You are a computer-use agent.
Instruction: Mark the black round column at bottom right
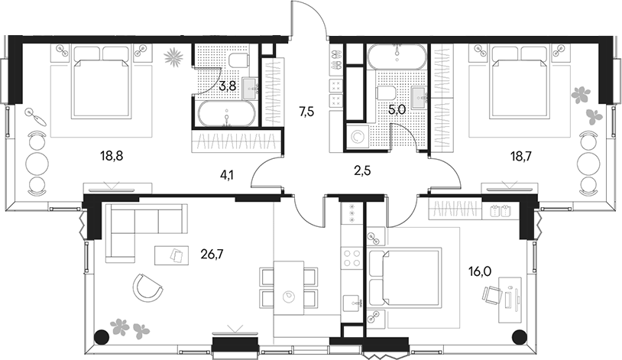tap(519, 335)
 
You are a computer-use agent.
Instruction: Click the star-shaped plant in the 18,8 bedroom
tap(174, 55)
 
